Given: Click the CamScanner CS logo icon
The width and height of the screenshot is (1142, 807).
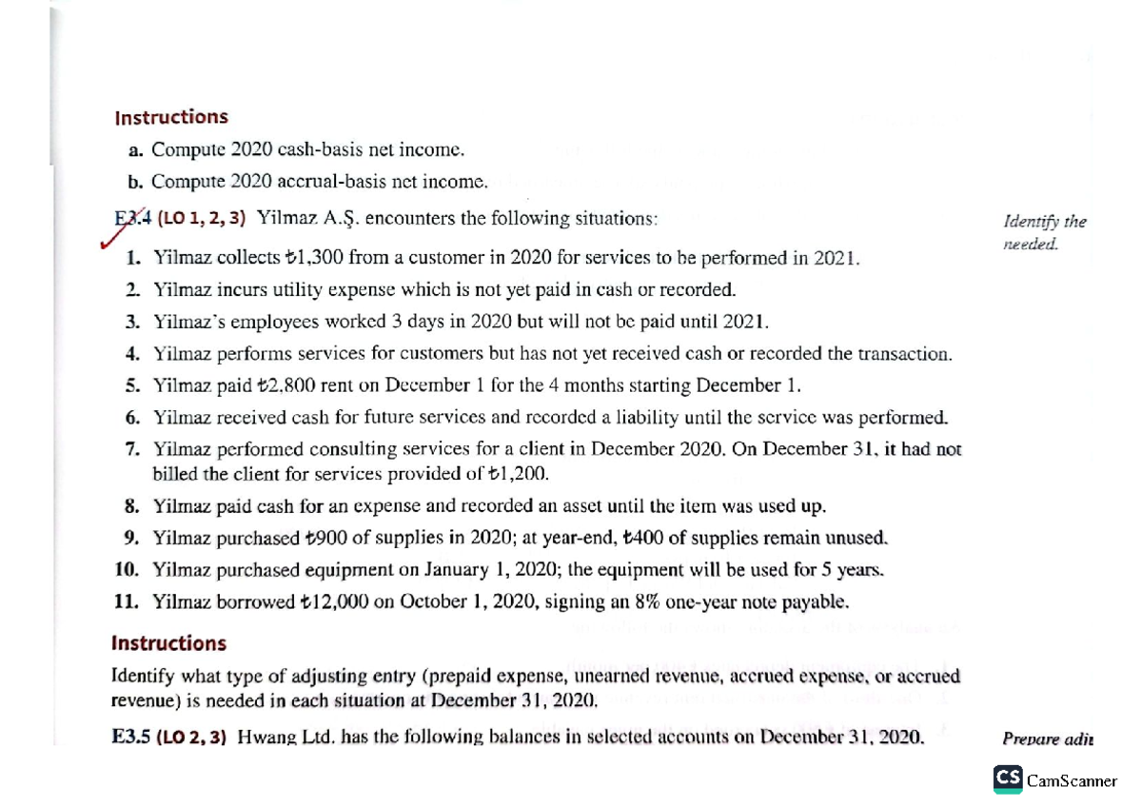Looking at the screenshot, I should click(1007, 778).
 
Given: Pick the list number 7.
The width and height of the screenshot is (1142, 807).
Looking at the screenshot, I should click(133, 450).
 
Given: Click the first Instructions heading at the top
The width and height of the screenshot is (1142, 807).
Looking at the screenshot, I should click(170, 117).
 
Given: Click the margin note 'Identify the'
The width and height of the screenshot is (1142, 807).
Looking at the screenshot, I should click(1044, 222).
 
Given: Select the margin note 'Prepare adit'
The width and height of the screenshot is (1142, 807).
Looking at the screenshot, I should click(1047, 738).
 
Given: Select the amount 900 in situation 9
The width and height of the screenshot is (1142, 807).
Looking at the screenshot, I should click(321, 539).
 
